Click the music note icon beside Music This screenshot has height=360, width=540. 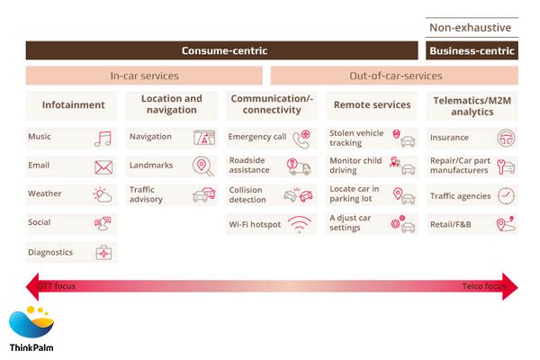(x=103, y=139)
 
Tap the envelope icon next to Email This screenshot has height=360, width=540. (x=103, y=167)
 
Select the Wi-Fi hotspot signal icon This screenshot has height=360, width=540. (x=300, y=225)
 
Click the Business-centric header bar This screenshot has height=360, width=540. (x=472, y=50)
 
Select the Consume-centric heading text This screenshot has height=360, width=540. (x=224, y=50)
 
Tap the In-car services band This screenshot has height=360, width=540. (x=144, y=76)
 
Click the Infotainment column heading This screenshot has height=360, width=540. (x=73, y=105)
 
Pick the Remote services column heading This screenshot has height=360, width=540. (x=372, y=105)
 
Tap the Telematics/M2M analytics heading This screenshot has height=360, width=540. (x=472, y=105)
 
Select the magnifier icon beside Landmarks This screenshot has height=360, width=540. (x=203, y=166)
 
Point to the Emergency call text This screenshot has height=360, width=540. (x=256, y=137)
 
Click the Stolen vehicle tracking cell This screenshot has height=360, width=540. (x=372, y=139)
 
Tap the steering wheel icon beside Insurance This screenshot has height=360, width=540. (x=506, y=139)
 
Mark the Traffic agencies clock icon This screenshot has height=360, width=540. (x=506, y=195)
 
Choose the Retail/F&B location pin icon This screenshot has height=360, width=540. (x=506, y=224)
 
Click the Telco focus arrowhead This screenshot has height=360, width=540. (x=510, y=287)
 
